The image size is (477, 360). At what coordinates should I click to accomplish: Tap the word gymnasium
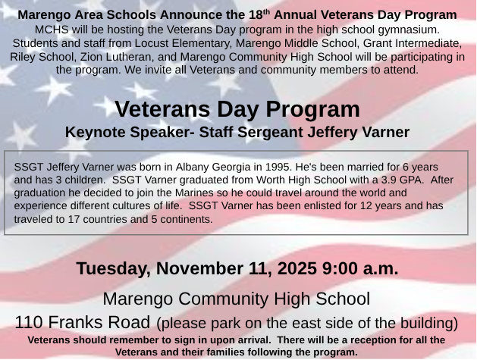(x=413, y=29)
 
